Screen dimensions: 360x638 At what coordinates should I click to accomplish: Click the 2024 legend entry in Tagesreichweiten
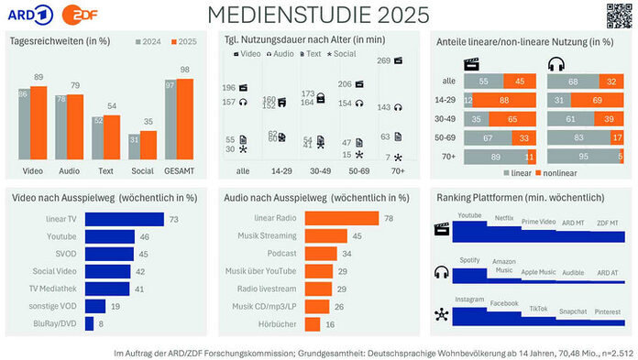pyautogui.click(x=149, y=41)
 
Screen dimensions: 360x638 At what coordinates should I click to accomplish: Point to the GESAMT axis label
pyautogui.click(x=186, y=170)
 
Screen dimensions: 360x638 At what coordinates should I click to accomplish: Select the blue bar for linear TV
pyautogui.click(x=124, y=219)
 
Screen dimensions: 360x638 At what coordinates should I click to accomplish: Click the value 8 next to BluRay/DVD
pyautogui.click(x=100, y=322)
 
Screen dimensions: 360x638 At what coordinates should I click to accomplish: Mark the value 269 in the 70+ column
pyautogui.click(x=385, y=60)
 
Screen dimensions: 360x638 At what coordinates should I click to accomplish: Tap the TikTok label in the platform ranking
pyautogui.click(x=538, y=308)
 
